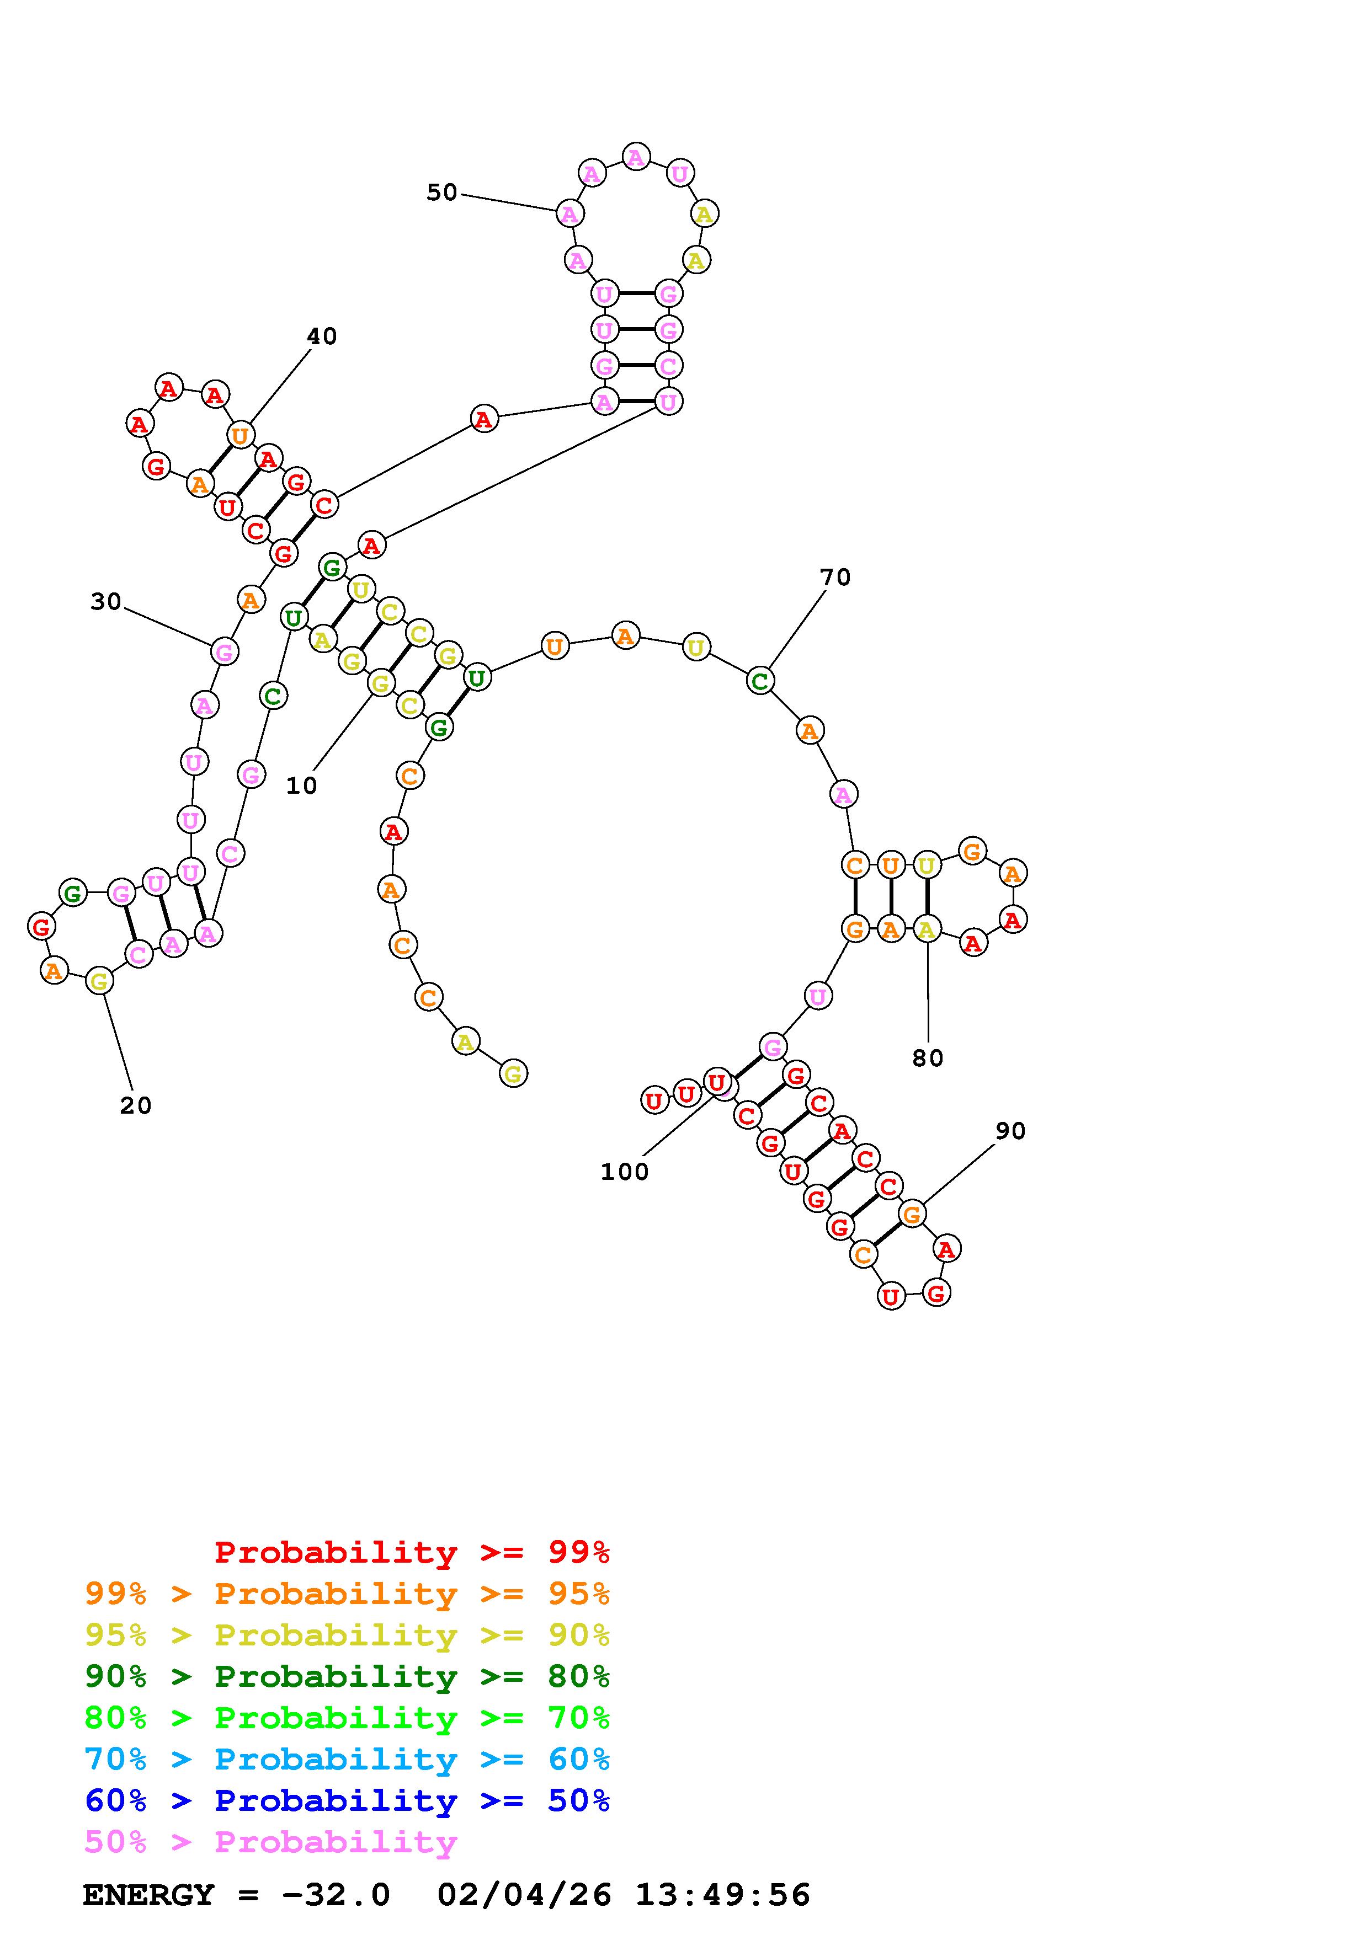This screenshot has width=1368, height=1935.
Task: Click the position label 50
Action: [441, 193]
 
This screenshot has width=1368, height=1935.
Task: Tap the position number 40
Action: [321, 336]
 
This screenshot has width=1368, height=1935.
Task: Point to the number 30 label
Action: [106, 602]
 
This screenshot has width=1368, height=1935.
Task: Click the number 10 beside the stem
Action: [301, 785]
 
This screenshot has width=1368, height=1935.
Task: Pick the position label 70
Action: [834, 578]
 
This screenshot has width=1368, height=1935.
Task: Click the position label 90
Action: [1010, 1131]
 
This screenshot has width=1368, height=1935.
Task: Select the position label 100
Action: [624, 1172]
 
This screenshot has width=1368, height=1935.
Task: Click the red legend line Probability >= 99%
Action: [411, 1552]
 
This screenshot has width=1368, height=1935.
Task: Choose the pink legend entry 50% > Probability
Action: [270, 1842]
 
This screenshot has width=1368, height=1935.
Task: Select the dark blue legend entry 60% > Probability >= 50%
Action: [347, 1801]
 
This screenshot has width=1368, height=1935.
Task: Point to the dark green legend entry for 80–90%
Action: [347, 1677]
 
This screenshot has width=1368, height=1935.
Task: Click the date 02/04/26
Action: [524, 1895]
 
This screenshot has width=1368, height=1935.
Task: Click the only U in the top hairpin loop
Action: [679, 174]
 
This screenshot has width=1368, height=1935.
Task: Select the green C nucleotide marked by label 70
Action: [759, 680]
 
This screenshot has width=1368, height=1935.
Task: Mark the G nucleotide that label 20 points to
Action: [99, 981]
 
